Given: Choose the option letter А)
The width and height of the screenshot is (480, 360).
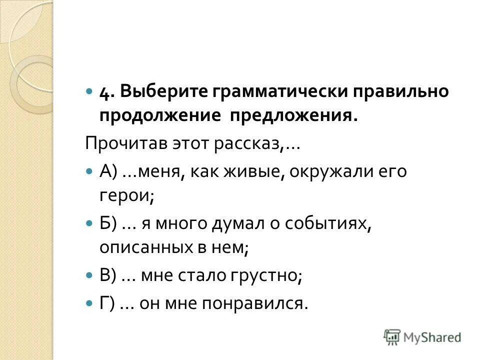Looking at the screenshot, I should pos(108,172).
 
